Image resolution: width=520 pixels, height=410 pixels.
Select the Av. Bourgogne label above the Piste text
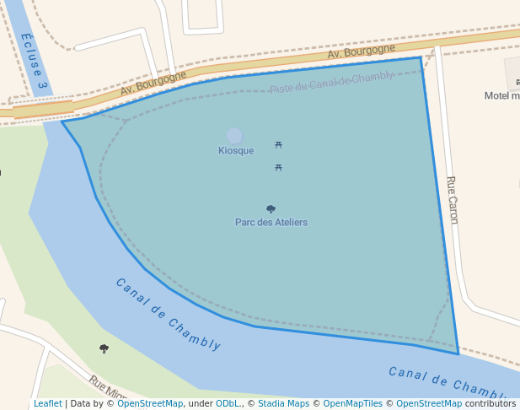[x=361, y=53]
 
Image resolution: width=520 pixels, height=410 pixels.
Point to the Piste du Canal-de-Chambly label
[x=331, y=83]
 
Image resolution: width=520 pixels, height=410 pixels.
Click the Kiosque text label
[x=235, y=151]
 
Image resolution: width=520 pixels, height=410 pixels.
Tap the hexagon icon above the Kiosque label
[x=234, y=136]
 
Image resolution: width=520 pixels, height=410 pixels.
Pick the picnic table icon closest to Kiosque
[x=278, y=145]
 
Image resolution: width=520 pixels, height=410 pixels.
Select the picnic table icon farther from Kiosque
[x=278, y=168]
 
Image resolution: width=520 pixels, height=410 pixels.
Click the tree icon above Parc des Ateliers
[x=271, y=208]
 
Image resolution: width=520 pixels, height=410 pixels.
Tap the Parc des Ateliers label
[x=271, y=223]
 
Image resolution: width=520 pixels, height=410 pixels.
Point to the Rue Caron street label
[x=453, y=199]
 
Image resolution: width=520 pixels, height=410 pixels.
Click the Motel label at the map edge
[x=501, y=95]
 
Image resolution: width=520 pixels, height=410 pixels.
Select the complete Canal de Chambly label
[x=168, y=314]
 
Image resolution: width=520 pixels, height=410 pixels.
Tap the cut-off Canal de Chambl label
[x=453, y=381]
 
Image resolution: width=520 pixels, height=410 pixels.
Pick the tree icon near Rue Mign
[x=104, y=348]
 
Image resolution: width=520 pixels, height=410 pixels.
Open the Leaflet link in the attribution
[x=47, y=404]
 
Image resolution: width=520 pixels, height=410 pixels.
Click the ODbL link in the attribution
[x=228, y=404]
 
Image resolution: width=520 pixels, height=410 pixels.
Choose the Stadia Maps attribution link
[x=283, y=404]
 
